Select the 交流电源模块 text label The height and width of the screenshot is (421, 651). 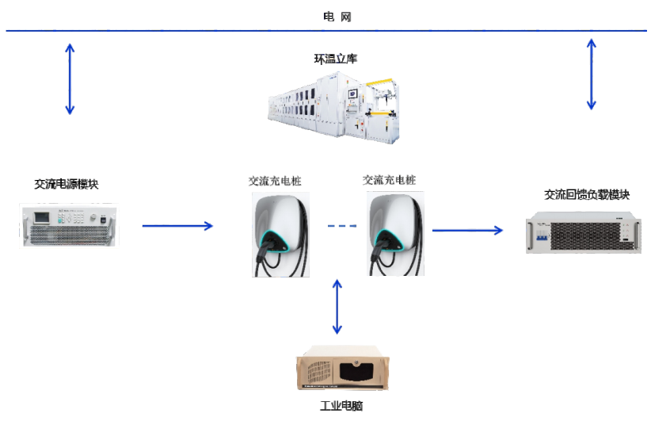67,184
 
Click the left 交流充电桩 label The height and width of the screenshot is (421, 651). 275,181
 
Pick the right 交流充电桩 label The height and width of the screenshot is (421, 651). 389,180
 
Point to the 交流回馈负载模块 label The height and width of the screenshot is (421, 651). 587,194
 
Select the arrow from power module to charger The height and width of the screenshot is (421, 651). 177,226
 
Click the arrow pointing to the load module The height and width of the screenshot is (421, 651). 467,231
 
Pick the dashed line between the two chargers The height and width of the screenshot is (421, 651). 342,227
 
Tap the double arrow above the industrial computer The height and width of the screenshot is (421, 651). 338,306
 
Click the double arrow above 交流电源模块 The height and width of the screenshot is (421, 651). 70,78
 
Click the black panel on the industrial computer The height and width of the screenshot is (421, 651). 355,370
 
